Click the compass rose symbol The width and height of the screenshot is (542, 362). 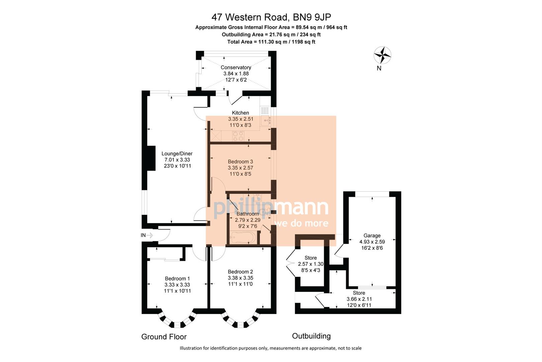pyautogui.click(x=382, y=55)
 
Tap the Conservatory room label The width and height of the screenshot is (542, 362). pyautogui.click(x=236, y=67)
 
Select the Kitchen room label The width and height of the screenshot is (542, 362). pyautogui.click(x=240, y=113)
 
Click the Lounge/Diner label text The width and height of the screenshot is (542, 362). pyautogui.click(x=177, y=154)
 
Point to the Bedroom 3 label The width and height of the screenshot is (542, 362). pyautogui.click(x=240, y=162)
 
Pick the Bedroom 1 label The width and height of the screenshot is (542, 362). pyautogui.click(x=177, y=279)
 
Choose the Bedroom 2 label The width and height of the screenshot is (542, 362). pyautogui.click(x=240, y=272)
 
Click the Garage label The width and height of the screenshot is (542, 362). pyautogui.click(x=372, y=236)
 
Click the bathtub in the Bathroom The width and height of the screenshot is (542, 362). pyautogui.click(x=243, y=238)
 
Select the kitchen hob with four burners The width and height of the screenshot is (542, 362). pyautogui.click(x=238, y=136)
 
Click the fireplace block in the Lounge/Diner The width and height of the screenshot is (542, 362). pyautogui.click(x=151, y=158)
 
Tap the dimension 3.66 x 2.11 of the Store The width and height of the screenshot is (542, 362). pyautogui.click(x=359, y=299)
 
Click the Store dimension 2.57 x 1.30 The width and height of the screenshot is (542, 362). pyautogui.click(x=310, y=264)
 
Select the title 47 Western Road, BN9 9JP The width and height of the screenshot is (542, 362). pyautogui.click(x=271, y=17)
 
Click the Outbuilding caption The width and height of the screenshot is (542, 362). pyautogui.click(x=311, y=336)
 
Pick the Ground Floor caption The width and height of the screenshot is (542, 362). pyautogui.click(x=164, y=337)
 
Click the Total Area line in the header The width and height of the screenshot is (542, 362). pyautogui.click(x=271, y=42)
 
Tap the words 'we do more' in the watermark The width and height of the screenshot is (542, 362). pyautogui.click(x=301, y=223)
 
